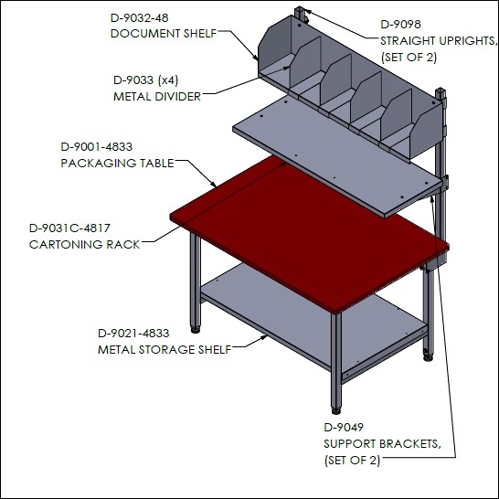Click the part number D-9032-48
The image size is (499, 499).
pos(140,18)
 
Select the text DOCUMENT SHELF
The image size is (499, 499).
pos(164,34)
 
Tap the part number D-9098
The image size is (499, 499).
pos(400,25)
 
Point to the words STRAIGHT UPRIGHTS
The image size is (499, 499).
pos(439,41)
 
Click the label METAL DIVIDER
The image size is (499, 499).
pos(157,97)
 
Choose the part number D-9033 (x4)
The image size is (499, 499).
pos(145,80)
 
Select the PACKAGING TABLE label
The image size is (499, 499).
pos(117,164)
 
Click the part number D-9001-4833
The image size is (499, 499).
pos(97,147)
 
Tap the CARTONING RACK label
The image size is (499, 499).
pos(85,244)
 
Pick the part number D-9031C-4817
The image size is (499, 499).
pos(69,228)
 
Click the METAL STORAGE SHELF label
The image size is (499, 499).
pos(165,350)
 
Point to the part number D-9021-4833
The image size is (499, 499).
pos(133,334)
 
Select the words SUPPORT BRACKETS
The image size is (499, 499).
pos(383,444)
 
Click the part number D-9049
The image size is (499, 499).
pos(344,428)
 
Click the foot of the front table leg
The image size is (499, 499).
pos(335,411)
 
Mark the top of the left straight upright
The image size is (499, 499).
pos(300,9)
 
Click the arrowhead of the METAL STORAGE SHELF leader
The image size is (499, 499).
pos(265,337)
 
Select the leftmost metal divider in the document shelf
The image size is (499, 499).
pos(305,62)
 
